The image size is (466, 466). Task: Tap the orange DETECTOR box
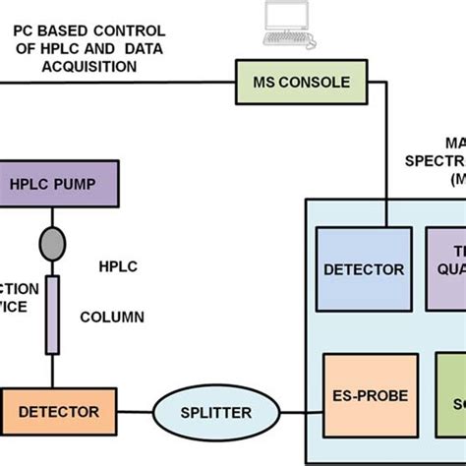pos(59,410)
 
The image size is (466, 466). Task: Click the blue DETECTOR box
pos(364,267)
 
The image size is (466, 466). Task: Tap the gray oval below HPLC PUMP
pos(51,241)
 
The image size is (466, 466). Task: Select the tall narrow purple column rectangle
pos(52,315)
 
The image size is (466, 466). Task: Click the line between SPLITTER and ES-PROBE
pos(295,411)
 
